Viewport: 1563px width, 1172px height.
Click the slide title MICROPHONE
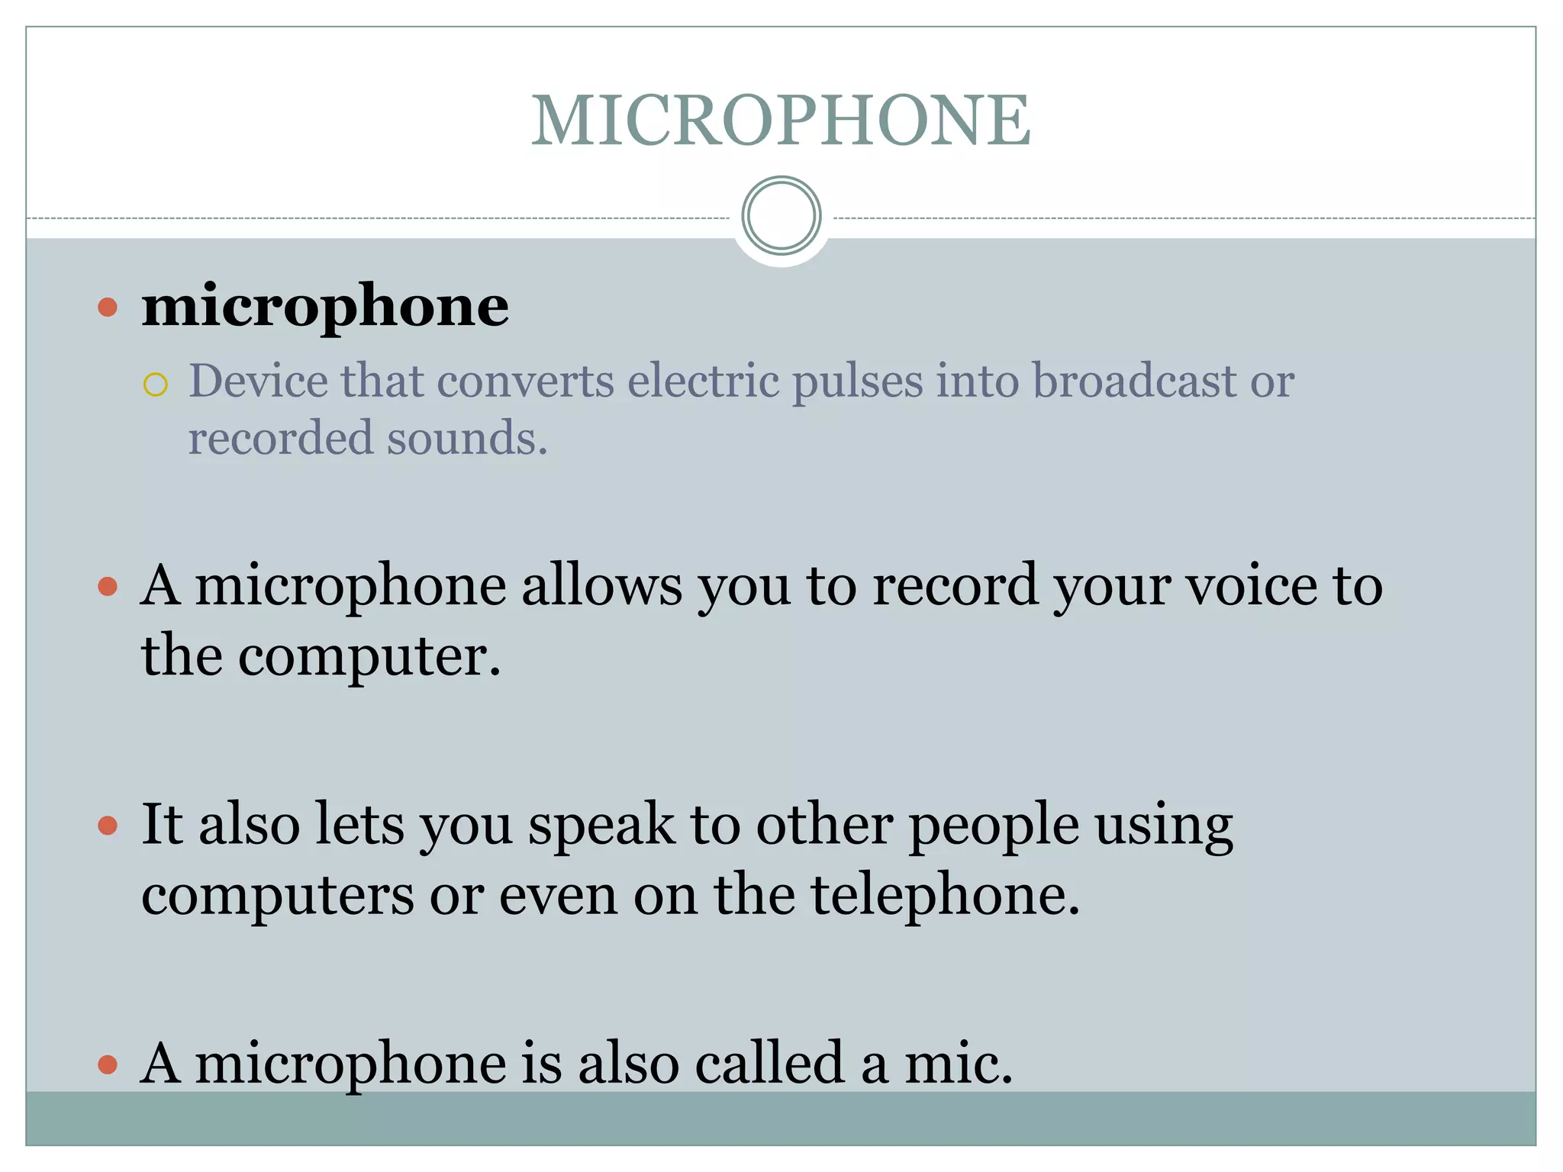pyautogui.click(x=781, y=120)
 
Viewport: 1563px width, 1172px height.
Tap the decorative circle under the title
pyautogui.click(x=781, y=216)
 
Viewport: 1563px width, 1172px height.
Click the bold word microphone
pyautogui.click(x=325, y=307)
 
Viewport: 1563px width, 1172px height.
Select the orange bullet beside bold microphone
pyautogui.click(x=108, y=307)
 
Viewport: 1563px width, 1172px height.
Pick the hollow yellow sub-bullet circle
pyautogui.click(x=155, y=385)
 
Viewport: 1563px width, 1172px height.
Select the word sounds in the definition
pyautogui.click(x=466, y=439)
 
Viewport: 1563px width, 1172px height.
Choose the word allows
pyautogui.click(x=601, y=585)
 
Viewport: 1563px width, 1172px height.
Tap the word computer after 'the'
pyautogui.click(x=369, y=656)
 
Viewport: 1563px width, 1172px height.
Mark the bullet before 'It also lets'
pyautogui.click(x=108, y=826)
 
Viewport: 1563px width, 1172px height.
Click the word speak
pyautogui.click(x=601, y=826)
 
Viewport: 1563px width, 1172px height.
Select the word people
pyautogui.click(x=994, y=827)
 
